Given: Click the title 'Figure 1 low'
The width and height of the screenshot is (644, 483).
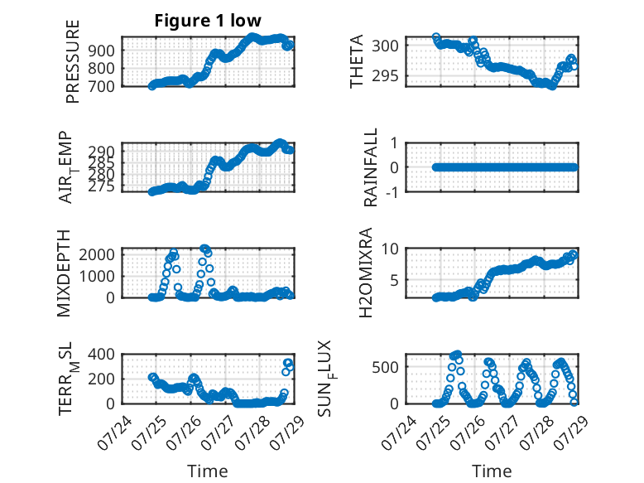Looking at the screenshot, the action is (208, 21).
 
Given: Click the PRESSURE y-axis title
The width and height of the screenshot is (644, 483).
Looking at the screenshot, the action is (72, 61).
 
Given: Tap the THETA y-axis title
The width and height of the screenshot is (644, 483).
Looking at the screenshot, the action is (357, 61).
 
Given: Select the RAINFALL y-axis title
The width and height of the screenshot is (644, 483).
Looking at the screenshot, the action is (371, 167).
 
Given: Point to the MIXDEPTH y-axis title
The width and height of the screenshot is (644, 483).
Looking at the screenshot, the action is (64, 273).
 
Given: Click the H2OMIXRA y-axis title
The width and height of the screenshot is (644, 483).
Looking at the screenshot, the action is (366, 273).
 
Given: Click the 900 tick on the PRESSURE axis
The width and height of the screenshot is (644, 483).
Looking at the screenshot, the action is (101, 51).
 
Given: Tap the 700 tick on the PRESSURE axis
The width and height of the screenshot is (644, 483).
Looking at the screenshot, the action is (101, 86).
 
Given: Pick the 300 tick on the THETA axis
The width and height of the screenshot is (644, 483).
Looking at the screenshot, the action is (385, 46).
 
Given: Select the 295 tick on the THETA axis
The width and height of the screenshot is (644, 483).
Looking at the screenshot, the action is (385, 75).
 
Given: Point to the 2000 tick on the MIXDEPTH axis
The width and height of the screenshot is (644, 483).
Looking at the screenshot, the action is (97, 255).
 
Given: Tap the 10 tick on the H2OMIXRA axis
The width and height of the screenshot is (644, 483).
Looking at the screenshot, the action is (390, 249).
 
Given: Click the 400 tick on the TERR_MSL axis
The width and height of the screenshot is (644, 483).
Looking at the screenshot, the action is (101, 355).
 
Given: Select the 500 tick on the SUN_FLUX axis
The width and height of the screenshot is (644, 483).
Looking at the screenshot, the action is (385, 367).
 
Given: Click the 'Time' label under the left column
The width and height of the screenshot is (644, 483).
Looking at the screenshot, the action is (208, 471).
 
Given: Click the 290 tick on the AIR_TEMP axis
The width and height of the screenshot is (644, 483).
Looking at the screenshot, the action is (101, 152).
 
